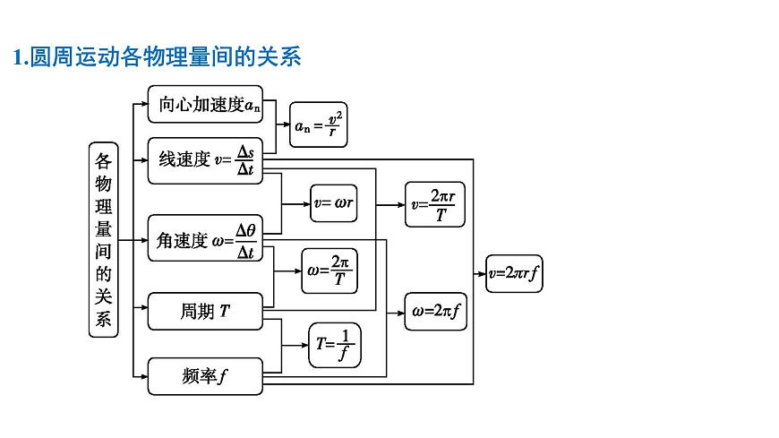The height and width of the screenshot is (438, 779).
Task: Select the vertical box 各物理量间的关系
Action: pos(104,239)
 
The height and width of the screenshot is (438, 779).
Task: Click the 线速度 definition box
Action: pos(205,160)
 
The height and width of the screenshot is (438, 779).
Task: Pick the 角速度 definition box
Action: pos(205,240)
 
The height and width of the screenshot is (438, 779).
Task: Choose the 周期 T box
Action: pos(205,311)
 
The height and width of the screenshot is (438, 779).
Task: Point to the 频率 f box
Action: pos(205,376)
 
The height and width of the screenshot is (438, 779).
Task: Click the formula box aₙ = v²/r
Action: pos(317,125)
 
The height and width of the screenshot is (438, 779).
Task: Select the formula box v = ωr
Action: pos(334,204)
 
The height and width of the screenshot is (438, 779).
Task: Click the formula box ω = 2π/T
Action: pos(328,271)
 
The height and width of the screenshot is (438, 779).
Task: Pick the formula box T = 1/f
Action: pos(334,345)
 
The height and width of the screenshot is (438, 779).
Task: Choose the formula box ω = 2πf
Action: pos(436,312)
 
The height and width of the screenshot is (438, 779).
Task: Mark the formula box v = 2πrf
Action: pos(514,273)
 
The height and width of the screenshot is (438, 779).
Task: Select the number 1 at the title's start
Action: pos(18,57)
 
